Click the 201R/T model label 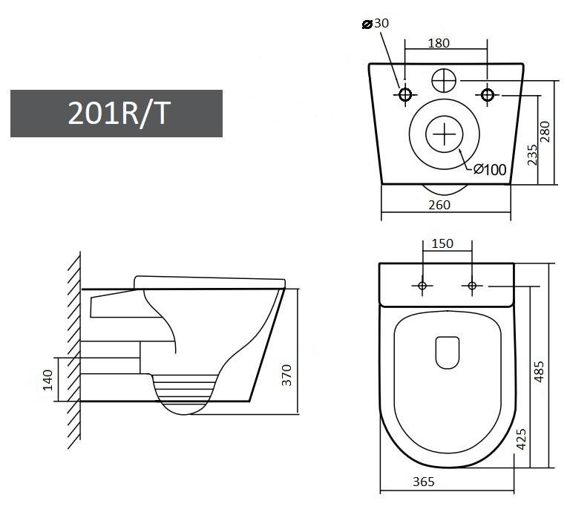pyautogui.click(x=117, y=114)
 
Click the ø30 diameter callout pyautogui.click(x=375, y=24)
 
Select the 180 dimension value pyautogui.click(x=439, y=43)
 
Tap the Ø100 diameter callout pyautogui.click(x=490, y=170)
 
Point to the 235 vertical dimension pyautogui.click(x=532, y=154)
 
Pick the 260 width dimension pyautogui.click(x=439, y=205)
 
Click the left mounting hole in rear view pyautogui.click(x=405, y=94)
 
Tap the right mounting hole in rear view pyautogui.click(x=488, y=94)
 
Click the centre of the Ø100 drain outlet pyautogui.click(x=444, y=134)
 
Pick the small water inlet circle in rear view pyautogui.click(x=445, y=79)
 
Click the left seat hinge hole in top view pyautogui.click(x=422, y=286)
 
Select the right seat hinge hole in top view pyautogui.click(x=471, y=286)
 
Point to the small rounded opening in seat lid pyautogui.click(x=447, y=353)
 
